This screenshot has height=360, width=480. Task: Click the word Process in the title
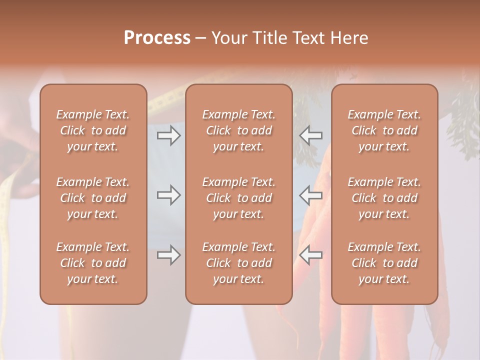click(157, 38)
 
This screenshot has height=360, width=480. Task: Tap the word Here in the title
click(349, 38)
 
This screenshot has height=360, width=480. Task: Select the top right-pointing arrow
click(168, 135)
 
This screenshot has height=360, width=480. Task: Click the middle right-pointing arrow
click(168, 195)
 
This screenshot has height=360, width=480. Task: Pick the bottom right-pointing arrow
click(168, 255)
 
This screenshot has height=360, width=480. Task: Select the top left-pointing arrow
click(310, 135)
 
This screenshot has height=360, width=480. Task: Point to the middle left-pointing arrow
click(310, 195)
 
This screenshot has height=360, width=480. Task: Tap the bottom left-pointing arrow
click(310, 255)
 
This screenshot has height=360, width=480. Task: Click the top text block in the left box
click(93, 130)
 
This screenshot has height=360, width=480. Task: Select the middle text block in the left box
click(93, 198)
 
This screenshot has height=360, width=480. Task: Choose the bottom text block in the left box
click(93, 263)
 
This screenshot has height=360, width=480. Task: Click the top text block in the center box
click(238, 130)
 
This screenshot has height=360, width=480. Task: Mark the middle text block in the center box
click(238, 198)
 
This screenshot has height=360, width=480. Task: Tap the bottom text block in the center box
click(238, 263)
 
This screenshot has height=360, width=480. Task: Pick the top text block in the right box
click(384, 130)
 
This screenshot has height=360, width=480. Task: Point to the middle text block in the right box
click(384, 198)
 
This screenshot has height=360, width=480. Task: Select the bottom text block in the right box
click(384, 263)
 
